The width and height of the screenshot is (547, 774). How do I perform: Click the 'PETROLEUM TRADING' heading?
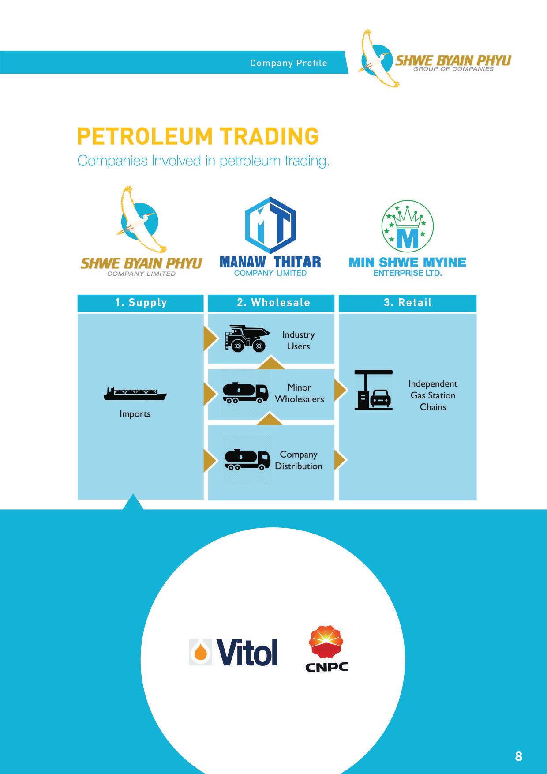[x=198, y=136]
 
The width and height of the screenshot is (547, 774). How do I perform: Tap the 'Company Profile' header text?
[x=288, y=63]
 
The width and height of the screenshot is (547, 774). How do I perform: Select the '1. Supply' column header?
[x=141, y=303]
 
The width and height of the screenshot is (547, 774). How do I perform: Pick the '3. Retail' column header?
[x=408, y=303]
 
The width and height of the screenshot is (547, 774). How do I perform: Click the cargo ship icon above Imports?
[x=135, y=393]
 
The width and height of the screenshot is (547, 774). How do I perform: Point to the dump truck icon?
[x=247, y=338]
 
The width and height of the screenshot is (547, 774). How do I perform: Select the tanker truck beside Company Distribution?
[x=247, y=459]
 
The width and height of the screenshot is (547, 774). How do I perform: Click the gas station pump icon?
[x=373, y=390]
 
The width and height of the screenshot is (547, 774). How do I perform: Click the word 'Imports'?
[x=135, y=414]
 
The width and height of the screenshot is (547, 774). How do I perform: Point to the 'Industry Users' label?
[x=298, y=340]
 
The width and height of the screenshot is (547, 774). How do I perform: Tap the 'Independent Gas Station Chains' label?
[x=433, y=395]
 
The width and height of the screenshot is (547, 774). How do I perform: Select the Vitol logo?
[x=234, y=652]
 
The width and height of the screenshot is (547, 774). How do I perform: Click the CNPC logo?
[x=327, y=648]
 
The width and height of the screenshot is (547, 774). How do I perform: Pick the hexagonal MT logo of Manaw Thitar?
[x=270, y=225]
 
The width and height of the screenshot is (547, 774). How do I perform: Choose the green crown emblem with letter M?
[x=407, y=226]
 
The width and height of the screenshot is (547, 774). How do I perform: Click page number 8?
[x=518, y=756]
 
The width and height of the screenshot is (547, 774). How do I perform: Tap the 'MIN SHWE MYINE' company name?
[x=407, y=263]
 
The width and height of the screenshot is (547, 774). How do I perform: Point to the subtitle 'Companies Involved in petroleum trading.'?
[x=203, y=161]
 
